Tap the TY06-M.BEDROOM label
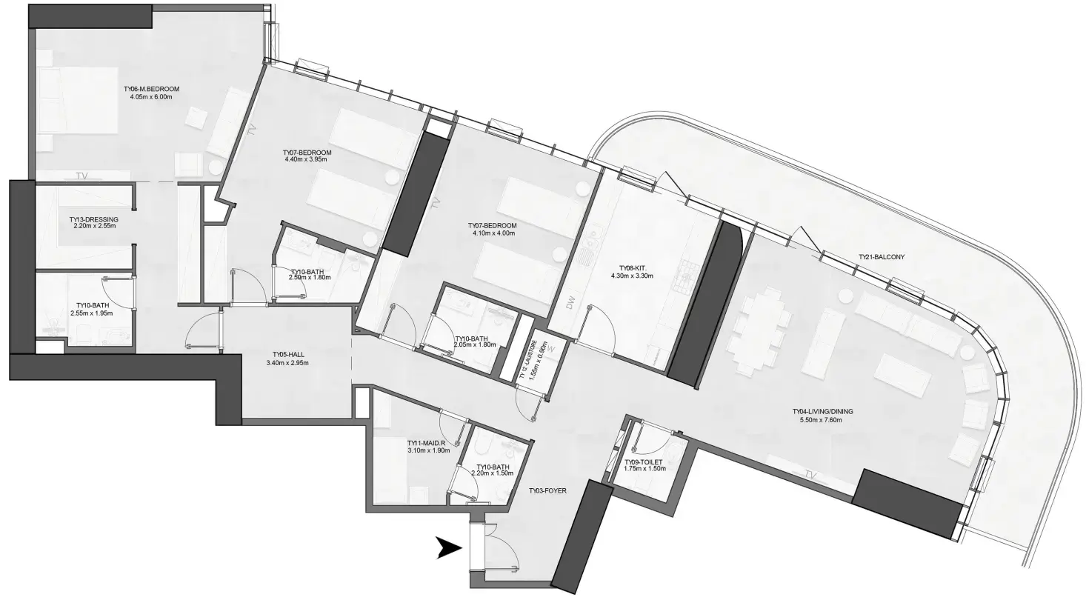pyautogui.click(x=151, y=88)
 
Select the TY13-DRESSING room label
pyautogui.click(x=93, y=220)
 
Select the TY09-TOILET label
pyautogui.click(x=644, y=460)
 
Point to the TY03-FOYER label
pyautogui.click(x=547, y=490)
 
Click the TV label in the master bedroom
pyautogui.click(x=82, y=176)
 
